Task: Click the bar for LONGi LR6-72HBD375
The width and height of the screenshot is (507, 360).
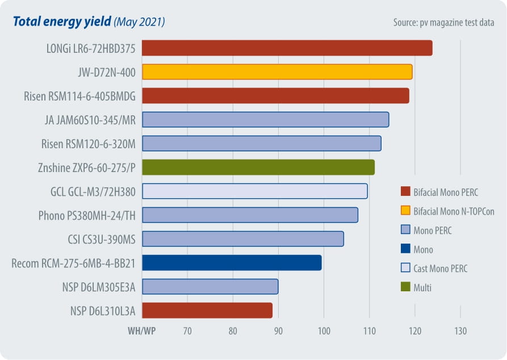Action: (287, 48)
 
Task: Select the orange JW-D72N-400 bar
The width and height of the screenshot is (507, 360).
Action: (276, 72)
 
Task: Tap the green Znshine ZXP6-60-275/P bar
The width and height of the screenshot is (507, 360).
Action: (258, 168)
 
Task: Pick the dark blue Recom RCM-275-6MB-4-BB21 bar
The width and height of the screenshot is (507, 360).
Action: (231, 263)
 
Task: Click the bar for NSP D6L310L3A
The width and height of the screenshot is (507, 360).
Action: (207, 311)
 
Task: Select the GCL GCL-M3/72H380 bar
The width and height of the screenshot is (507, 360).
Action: (254, 191)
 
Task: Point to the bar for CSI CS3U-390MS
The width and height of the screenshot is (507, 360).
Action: (242, 239)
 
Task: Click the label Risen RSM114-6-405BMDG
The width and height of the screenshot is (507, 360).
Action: (79, 96)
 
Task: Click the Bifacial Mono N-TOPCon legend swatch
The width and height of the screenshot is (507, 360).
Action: (405, 211)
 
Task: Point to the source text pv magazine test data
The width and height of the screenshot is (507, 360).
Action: (443, 23)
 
